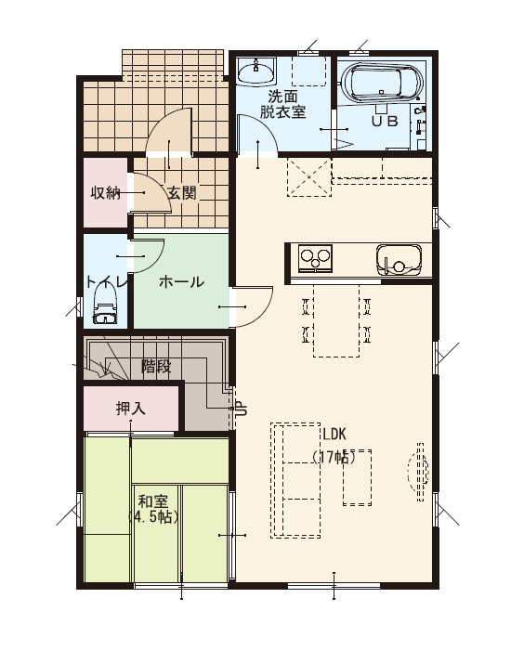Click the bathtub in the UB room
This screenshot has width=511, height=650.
[x=382, y=83]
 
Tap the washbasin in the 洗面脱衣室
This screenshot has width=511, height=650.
[x=256, y=70]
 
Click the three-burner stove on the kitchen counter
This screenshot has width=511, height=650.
[x=315, y=258]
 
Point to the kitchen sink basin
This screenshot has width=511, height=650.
[x=399, y=260]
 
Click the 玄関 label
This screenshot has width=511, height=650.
[x=182, y=192]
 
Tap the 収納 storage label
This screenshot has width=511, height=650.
[x=106, y=193]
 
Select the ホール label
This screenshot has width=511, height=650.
[x=181, y=282]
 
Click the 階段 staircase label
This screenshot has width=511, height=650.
[x=156, y=367]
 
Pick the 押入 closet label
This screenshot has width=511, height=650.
[x=131, y=409]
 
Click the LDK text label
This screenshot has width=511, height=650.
[x=334, y=434]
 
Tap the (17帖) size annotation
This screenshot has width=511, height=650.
[x=334, y=457]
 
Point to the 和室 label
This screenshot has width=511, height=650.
[x=153, y=501]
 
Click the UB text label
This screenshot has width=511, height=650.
[x=385, y=121]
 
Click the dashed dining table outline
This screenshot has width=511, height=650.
[x=336, y=320]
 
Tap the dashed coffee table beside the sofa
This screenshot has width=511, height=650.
[x=357, y=477]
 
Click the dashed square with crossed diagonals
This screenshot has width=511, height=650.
[x=309, y=177]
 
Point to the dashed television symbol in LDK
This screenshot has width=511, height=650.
[x=418, y=472]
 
